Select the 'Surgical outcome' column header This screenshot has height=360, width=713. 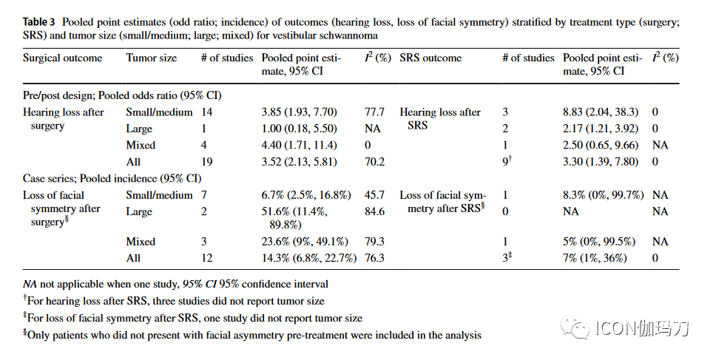(63, 58)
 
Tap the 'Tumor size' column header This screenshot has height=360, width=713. (152, 58)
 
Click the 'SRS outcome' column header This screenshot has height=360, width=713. (430, 58)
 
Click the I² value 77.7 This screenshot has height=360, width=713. (374, 112)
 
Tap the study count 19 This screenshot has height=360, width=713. (207, 161)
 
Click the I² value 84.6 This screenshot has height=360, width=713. (374, 211)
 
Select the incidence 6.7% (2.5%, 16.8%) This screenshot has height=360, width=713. (305, 195)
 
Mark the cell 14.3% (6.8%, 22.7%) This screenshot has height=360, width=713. (309, 258)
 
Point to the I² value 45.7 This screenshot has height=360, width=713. (374, 195)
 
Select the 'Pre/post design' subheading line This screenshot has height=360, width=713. (122, 95)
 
